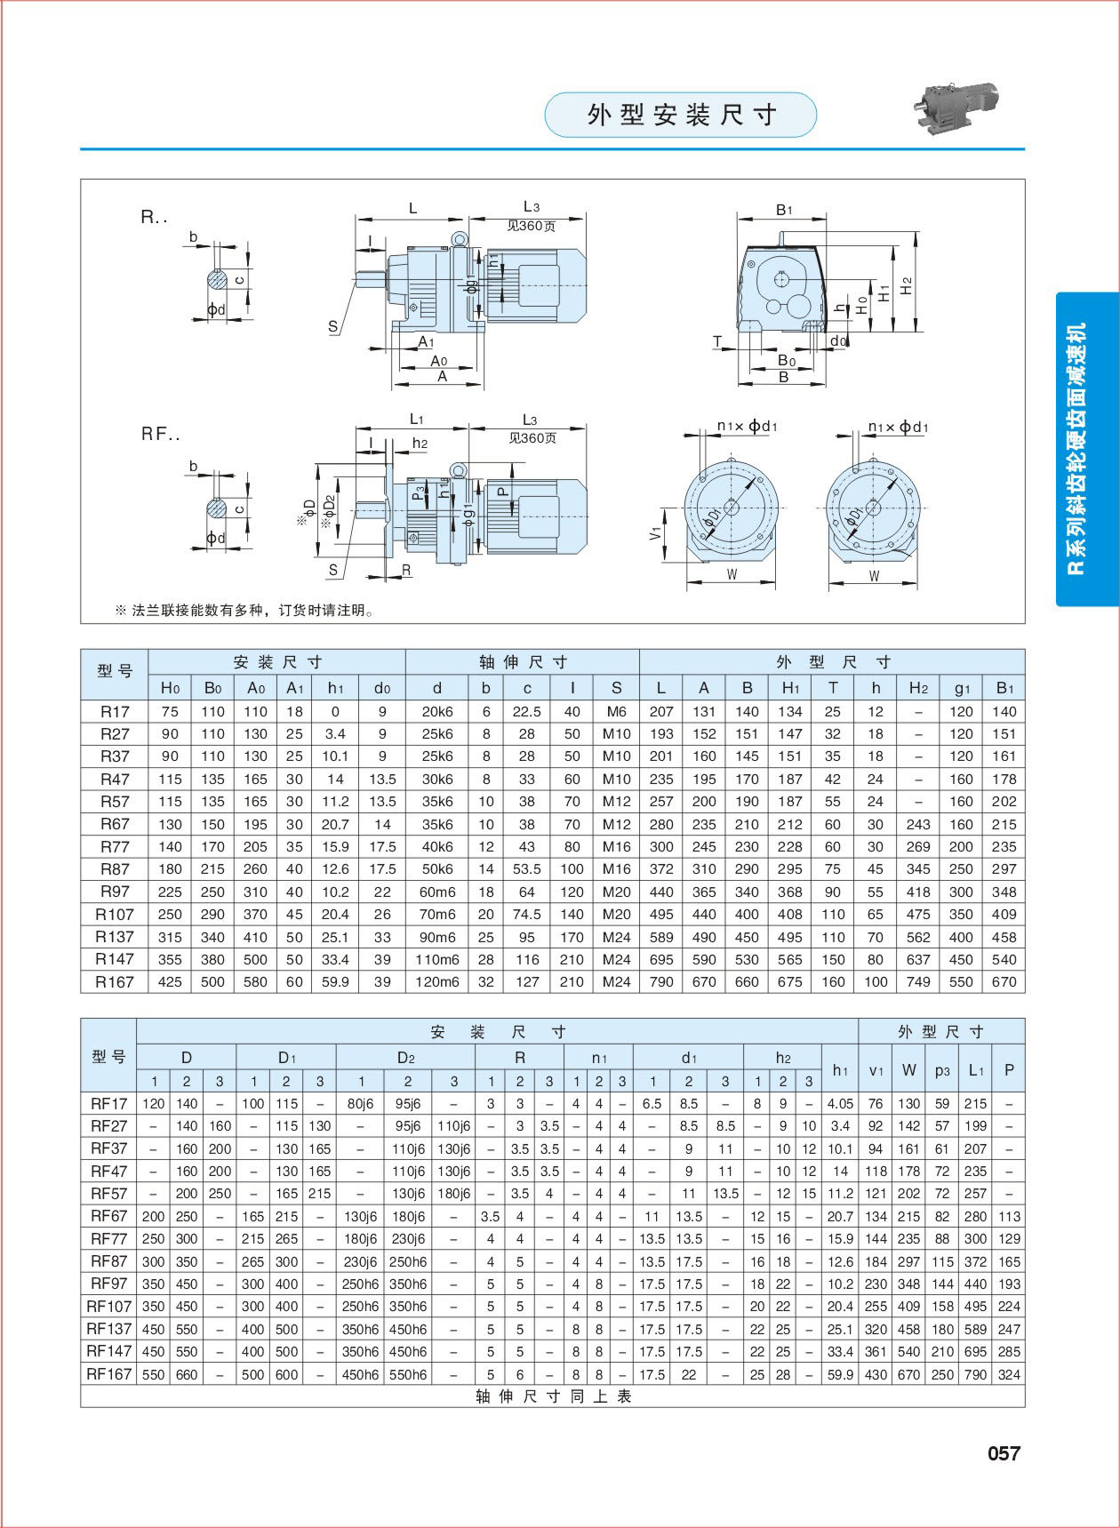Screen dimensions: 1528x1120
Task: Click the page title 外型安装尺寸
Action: [x=680, y=115]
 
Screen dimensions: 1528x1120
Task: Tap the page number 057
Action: [x=1004, y=1452]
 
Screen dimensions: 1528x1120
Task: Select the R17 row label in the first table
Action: [x=115, y=711]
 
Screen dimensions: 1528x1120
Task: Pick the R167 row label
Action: [x=115, y=982]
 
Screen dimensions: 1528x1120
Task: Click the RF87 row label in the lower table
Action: [x=108, y=1261]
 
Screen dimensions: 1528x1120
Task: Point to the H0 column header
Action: [x=170, y=687]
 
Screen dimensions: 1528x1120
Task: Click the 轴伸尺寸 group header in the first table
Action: [x=523, y=662]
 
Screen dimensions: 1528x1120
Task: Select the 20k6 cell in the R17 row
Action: [x=436, y=711]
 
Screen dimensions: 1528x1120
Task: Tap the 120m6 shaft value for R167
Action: [x=436, y=982]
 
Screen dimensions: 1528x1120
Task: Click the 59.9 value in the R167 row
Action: [x=335, y=982]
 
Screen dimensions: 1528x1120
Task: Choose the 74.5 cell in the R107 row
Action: [x=527, y=914]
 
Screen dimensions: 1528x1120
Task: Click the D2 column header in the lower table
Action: [x=406, y=1057]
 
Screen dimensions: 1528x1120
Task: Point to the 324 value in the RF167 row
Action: [x=1009, y=1374]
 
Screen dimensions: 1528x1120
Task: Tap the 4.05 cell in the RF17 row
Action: [x=839, y=1104]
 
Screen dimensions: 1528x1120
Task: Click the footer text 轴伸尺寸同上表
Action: [x=553, y=1396]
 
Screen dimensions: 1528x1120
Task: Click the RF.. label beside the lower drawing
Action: [x=161, y=435]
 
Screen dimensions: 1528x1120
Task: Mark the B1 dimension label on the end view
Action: [x=783, y=210]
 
